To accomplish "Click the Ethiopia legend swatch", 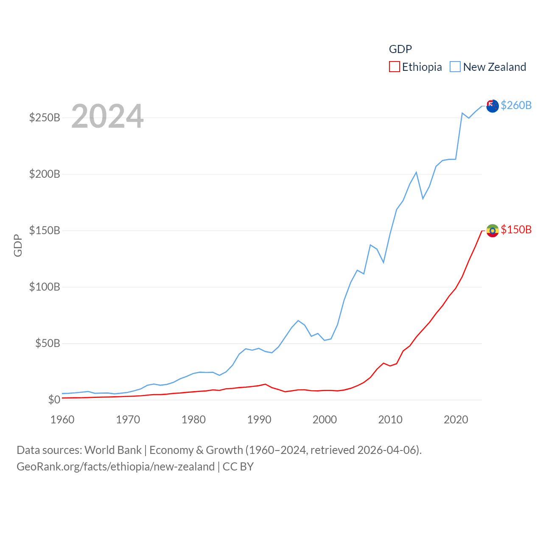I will pos(394,67).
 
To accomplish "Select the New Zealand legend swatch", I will pos(455,67).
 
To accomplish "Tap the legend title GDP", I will pos(400,49).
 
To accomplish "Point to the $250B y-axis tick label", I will pos(45,118).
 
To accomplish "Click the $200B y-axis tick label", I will pos(45,174).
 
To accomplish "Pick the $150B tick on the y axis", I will pos(45,230).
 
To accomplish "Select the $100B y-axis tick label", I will pos(45,287).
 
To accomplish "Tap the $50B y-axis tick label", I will pos(48,343).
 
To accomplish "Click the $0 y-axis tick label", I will pos(54,400).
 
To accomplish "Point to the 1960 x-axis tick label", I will pos(62,420).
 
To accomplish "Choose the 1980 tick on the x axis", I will pos(193,420).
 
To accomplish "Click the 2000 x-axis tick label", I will pos(325,420).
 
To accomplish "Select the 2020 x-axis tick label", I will pos(456,420).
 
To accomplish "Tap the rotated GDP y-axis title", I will pos(18,245).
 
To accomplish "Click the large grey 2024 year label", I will pos(107,116).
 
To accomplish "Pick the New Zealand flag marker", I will pos(492,106).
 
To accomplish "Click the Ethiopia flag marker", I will pos(492,230).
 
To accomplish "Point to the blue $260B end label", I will pos(516,105).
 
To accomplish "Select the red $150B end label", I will pos(516,230).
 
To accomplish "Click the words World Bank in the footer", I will pos(113,450).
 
